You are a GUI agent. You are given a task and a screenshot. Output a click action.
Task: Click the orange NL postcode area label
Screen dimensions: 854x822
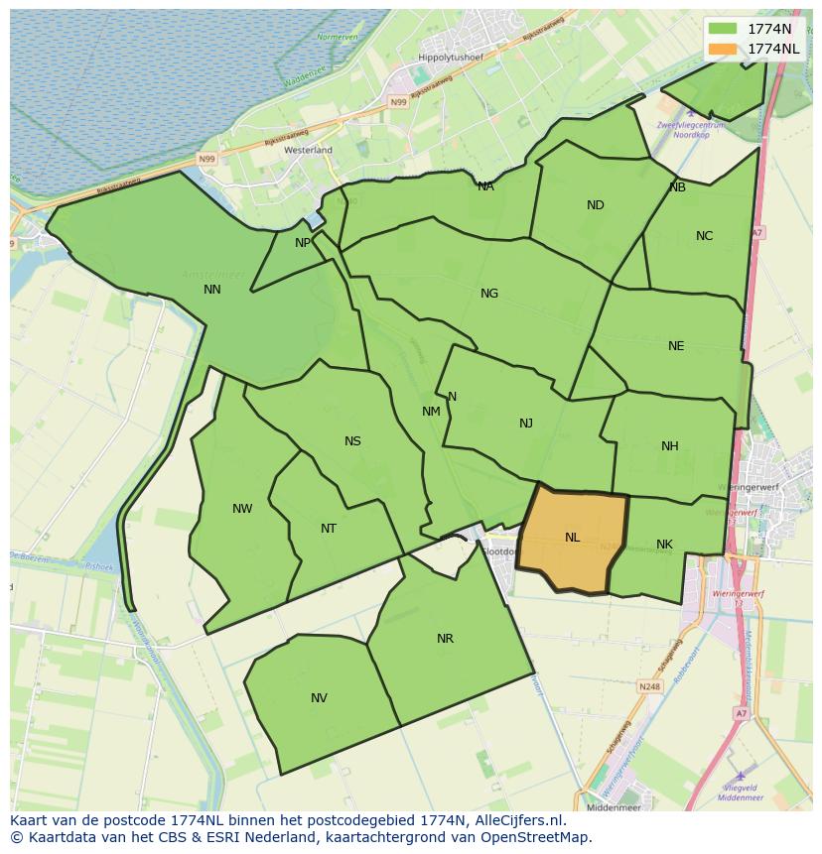[572, 538]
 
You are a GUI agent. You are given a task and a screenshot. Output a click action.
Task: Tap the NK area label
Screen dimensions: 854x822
[664, 545]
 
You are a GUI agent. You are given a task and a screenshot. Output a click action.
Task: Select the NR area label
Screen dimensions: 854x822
[445, 639]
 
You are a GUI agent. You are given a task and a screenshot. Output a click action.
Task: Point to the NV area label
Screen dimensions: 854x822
[319, 698]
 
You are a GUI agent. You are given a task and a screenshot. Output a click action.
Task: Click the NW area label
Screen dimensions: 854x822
[242, 509]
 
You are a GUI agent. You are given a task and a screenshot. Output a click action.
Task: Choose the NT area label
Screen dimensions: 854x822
[329, 529]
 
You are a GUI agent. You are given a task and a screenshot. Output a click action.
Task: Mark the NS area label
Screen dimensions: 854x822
[352, 441]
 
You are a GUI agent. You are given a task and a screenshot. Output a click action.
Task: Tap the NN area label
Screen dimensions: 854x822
[211, 290]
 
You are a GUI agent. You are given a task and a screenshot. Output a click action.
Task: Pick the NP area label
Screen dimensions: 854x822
[303, 243]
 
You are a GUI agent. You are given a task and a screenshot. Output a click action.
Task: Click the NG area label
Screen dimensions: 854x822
[488, 294]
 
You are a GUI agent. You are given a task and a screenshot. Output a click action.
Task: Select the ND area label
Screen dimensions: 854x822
[595, 205]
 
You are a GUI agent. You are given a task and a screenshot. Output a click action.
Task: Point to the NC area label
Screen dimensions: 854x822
[704, 236]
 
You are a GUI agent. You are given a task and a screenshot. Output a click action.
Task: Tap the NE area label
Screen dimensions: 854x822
[676, 346]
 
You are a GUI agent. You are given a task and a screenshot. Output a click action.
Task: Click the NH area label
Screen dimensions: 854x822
[670, 446]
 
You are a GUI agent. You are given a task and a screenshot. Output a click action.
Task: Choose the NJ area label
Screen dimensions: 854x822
[526, 424]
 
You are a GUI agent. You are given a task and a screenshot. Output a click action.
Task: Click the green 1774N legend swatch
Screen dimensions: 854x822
[723, 29]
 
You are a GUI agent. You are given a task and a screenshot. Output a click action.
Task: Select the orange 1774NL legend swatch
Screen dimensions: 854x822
[723, 49]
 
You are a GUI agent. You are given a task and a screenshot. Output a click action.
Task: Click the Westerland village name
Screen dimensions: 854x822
[308, 150]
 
